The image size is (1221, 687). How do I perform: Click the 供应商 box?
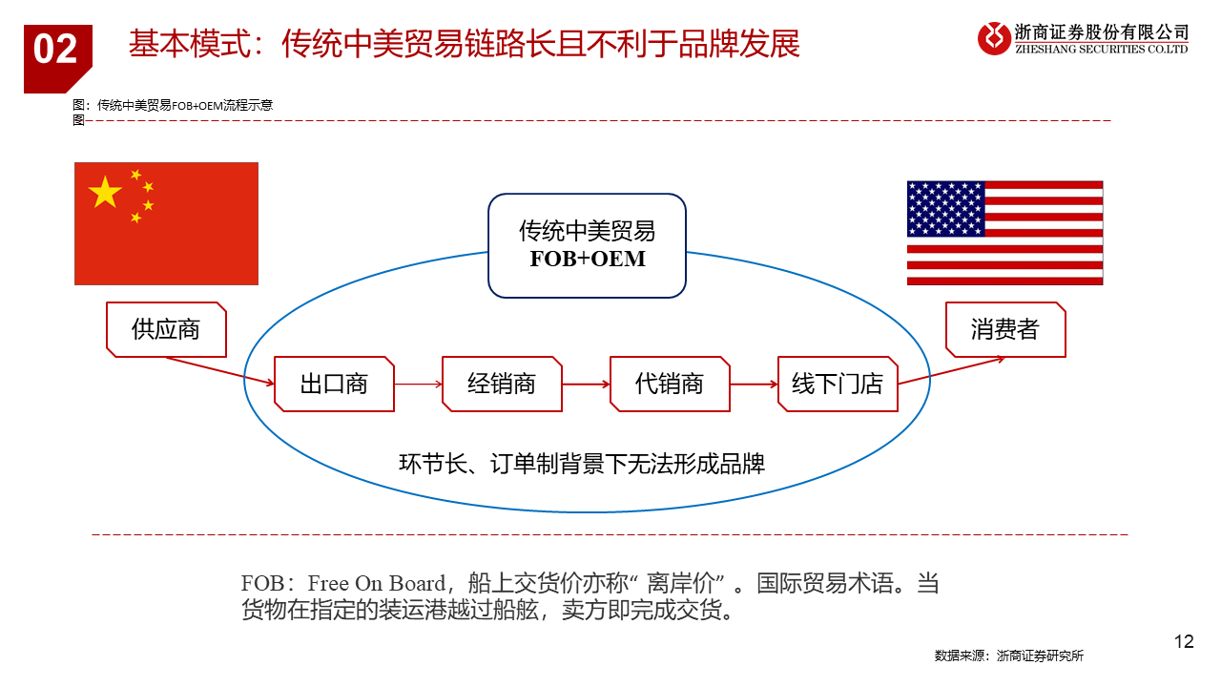(166, 330)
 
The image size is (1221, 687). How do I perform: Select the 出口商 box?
(334, 384)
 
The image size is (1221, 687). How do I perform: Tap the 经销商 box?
(502, 384)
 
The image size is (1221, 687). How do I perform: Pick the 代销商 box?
(670, 384)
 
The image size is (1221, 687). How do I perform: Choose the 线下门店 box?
(838, 384)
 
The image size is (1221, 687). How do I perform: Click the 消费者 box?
(1005, 330)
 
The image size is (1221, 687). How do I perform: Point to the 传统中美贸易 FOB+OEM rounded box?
(587, 246)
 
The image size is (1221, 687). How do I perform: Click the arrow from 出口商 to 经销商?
(418, 385)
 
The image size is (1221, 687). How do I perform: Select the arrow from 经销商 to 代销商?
(586, 385)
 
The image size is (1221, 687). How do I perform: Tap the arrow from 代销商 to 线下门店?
(754, 385)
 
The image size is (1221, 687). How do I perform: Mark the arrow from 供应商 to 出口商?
(220, 371)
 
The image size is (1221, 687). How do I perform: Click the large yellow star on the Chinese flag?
(105, 192)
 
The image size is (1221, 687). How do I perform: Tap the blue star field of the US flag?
(945, 209)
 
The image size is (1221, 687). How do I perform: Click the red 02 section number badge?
(57, 59)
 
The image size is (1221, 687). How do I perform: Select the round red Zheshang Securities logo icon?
(994, 39)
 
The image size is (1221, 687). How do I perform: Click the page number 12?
(1184, 642)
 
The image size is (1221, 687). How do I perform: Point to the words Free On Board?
(377, 583)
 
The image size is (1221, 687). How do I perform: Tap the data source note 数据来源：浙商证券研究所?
(1009, 656)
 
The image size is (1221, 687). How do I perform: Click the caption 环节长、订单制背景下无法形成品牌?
(582, 464)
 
